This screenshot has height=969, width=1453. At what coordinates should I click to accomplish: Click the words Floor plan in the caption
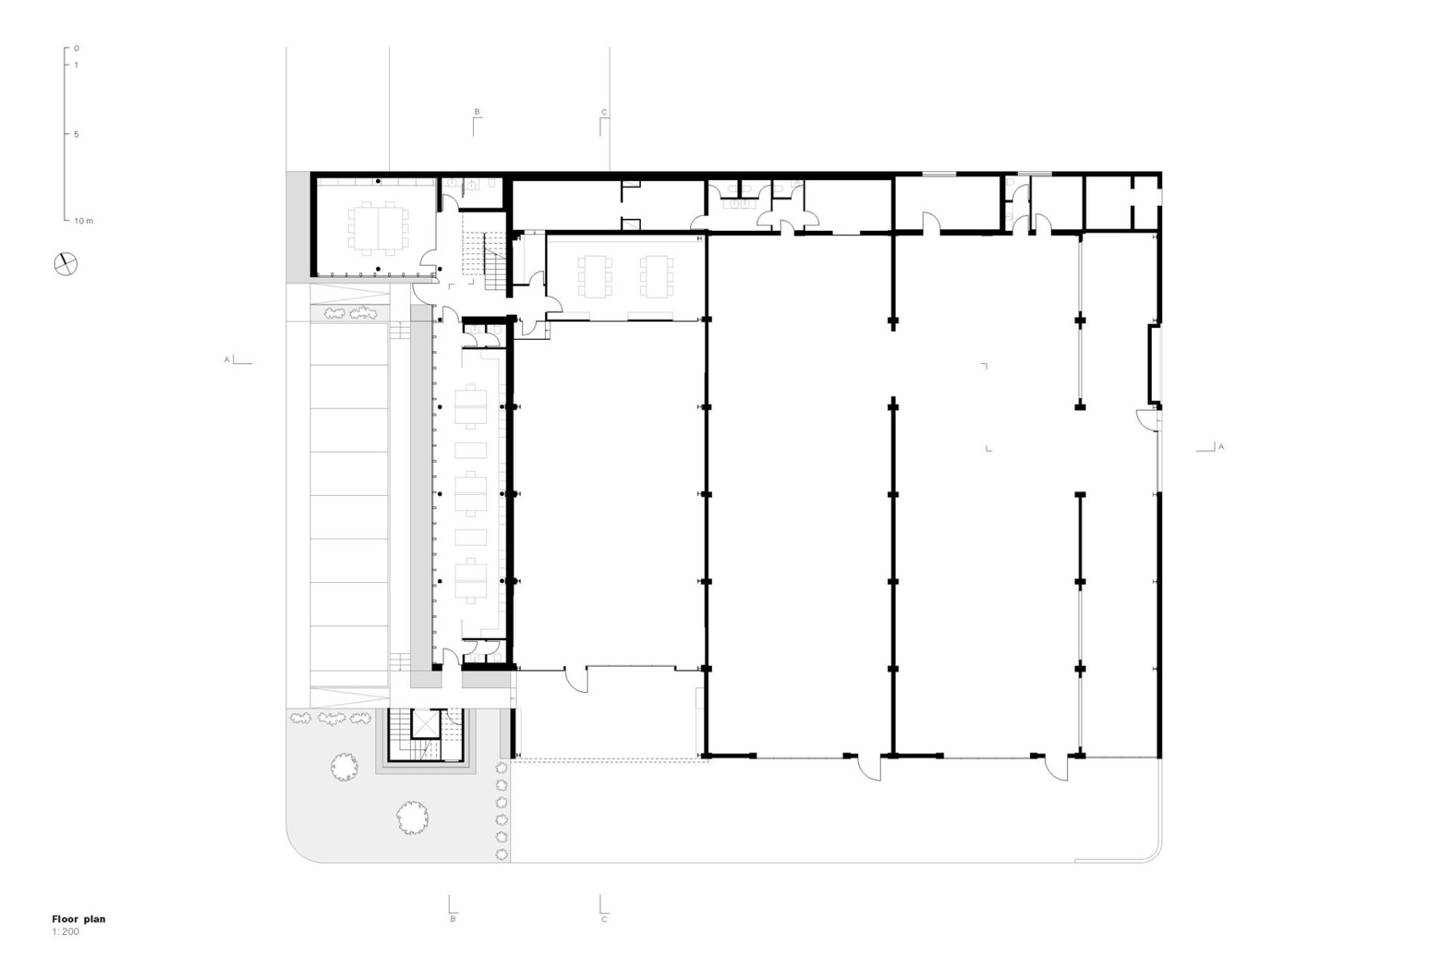click(x=78, y=919)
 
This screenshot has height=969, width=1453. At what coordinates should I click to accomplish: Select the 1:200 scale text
click(x=65, y=932)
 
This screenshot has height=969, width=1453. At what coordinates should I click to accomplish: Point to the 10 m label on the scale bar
click(x=83, y=220)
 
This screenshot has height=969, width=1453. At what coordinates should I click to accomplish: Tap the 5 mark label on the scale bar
click(x=77, y=134)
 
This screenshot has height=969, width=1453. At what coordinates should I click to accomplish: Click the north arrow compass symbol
click(x=65, y=263)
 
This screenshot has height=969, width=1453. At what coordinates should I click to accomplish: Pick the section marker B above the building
click(x=477, y=112)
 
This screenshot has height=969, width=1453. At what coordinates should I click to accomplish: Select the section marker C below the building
click(x=604, y=919)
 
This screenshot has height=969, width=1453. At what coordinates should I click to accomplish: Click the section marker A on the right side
click(x=1221, y=447)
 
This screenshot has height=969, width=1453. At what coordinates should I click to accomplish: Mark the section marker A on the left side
click(x=228, y=359)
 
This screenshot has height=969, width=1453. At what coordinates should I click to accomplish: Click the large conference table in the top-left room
click(x=379, y=227)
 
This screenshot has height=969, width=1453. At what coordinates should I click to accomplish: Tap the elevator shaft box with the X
click(x=423, y=724)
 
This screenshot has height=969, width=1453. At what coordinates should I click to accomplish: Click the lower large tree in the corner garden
click(x=412, y=817)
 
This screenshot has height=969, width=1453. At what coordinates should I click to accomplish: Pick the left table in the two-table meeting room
click(x=593, y=276)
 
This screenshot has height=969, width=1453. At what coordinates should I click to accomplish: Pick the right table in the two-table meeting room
click(x=655, y=276)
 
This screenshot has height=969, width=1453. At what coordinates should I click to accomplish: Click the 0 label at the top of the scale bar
click(x=77, y=48)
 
